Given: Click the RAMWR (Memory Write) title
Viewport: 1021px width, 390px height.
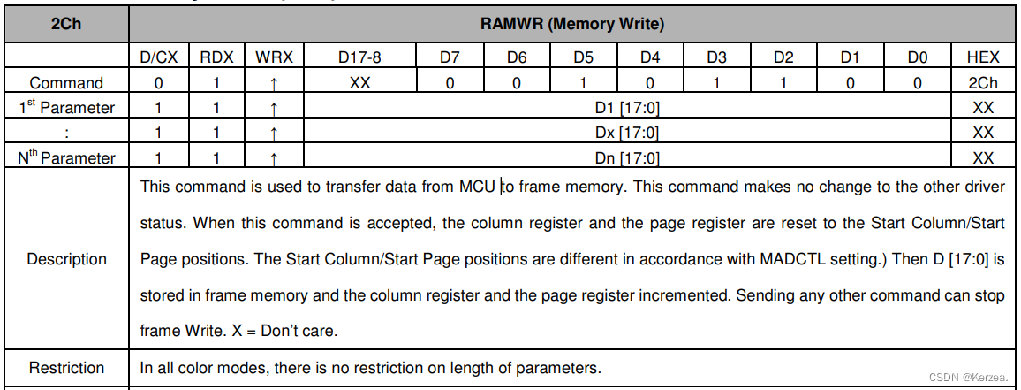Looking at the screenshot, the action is (x=572, y=24).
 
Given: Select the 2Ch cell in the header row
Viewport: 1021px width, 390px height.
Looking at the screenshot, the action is (x=66, y=24).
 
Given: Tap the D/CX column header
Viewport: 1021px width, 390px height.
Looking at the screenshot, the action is (x=160, y=57).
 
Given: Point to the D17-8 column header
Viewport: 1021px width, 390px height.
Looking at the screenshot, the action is (x=360, y=57).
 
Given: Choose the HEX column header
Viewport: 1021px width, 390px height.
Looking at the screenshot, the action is (x=982, y=57).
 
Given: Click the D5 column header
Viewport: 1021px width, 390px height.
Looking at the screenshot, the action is (x=583, y=57).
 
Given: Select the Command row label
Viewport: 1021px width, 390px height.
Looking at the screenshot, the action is (x=66, y=83).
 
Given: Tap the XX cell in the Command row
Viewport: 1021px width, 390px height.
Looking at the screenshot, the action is (x=360, y=83).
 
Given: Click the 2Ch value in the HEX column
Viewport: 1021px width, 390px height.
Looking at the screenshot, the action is (x=982, y=83).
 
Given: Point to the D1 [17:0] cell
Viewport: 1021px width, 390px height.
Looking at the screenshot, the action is (x=627, y=108).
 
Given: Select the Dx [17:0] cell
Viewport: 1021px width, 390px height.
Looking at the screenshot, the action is (x=627, y=133).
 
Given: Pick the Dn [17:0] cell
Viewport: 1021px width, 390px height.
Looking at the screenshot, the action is (x=627, y=158).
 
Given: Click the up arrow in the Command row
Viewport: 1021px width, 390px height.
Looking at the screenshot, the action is (x=274, y=83).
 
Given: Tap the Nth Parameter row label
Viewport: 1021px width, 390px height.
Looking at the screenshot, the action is (x=66, y=158).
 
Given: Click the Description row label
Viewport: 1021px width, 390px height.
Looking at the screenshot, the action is (x=66, y=259).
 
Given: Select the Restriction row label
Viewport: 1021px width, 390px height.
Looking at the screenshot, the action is (x=66, y=368).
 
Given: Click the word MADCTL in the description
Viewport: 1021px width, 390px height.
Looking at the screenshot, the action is (x=793, y=260).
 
